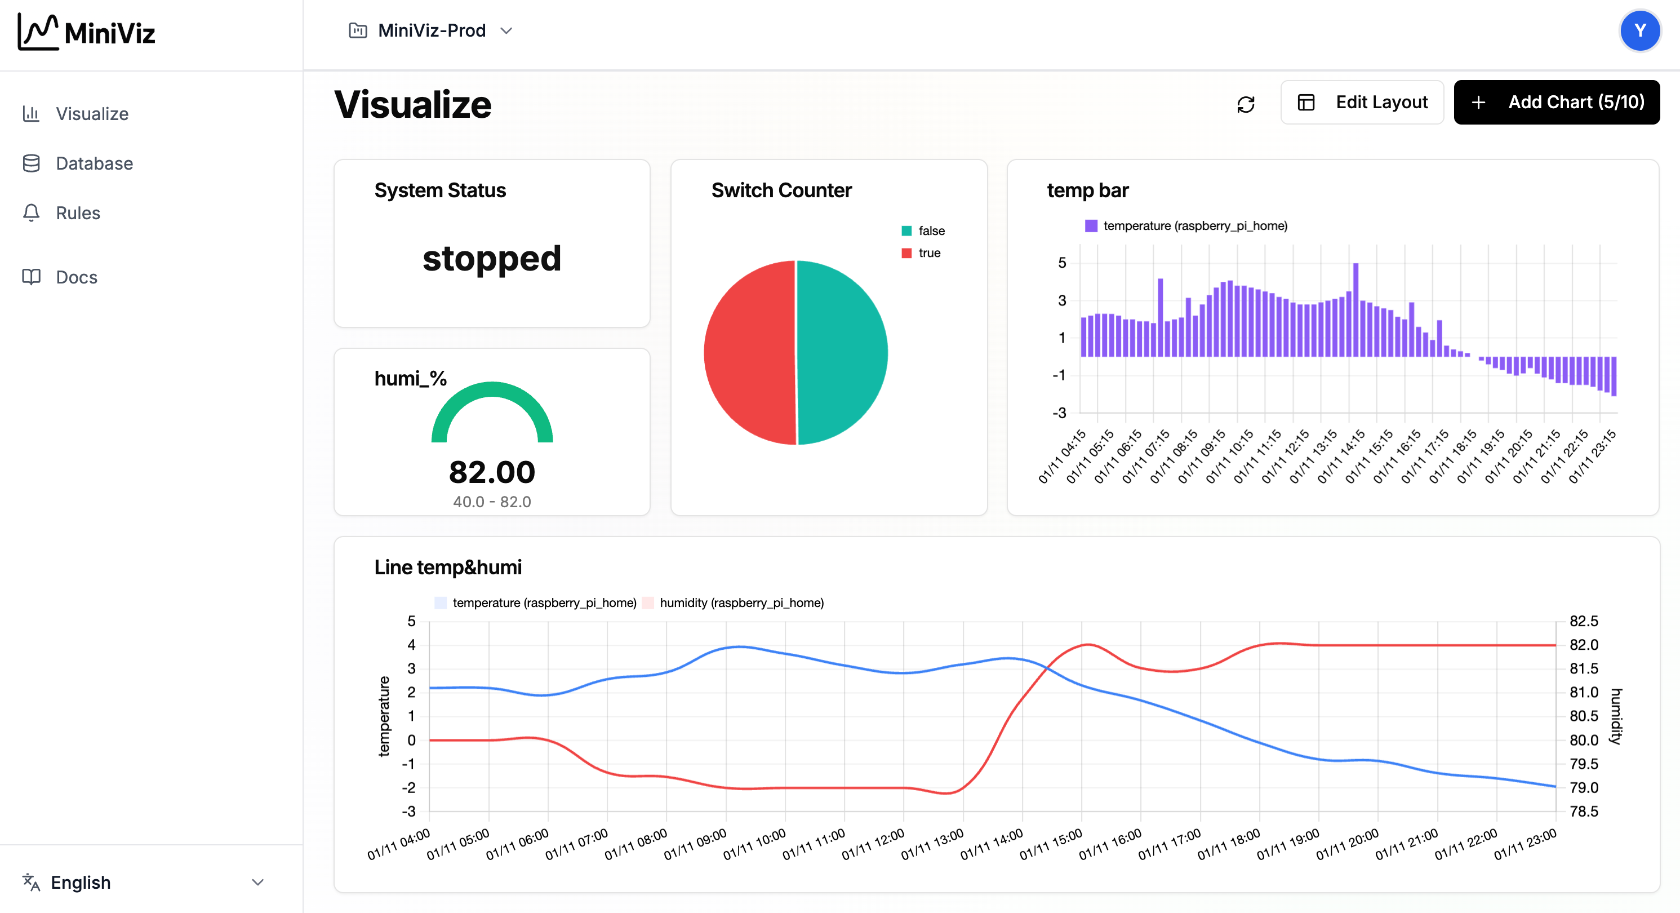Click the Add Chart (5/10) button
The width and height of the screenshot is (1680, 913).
coord(1556,103)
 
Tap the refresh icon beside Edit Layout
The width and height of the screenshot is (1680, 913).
coord(1246,104)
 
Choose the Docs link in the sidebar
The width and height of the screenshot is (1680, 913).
coord(76,277)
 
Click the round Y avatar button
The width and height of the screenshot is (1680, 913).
coord(1639,30)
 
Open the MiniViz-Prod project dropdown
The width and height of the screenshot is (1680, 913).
coord(431,30)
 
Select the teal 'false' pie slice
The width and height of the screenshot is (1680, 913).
coord(841,352)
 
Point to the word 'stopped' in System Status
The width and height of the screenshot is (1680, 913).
coord(492,259)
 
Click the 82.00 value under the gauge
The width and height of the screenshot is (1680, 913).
coord(492,472)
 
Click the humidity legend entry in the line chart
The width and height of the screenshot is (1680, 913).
coord(741,602)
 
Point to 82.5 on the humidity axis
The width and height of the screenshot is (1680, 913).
coord(1584,621)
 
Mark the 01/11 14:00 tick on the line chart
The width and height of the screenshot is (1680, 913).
coord(992,844)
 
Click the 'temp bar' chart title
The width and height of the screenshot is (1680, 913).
coord(1087,190)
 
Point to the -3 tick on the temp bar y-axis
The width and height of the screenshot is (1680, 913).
coord(1059,413)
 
